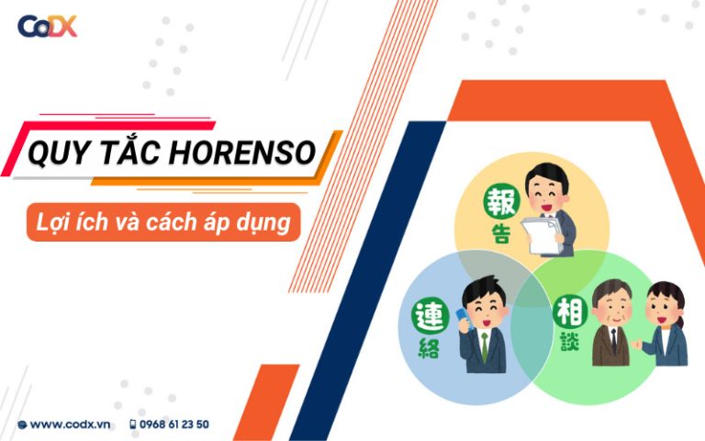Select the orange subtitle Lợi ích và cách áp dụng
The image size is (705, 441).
[x=162, y=222]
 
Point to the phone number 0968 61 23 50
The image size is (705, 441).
[x=174, y=424]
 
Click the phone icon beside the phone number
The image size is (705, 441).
[x=133, y=424]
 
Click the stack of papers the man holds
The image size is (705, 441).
[x=540, y=234]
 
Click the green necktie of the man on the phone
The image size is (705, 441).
[x=484, y=346]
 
